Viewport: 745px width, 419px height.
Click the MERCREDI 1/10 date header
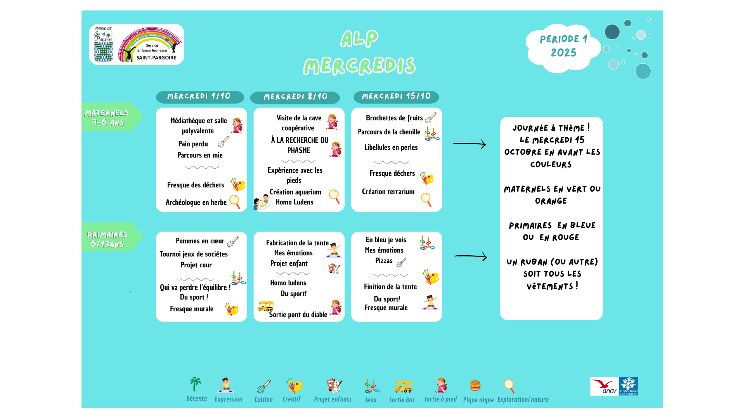click(199, 97)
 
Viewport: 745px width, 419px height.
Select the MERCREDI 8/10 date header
click(295, 97)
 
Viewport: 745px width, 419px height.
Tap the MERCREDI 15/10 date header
click(396, 97)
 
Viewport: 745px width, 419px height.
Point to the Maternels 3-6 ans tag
click(107, 117)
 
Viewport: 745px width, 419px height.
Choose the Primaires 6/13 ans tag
click(107, 239)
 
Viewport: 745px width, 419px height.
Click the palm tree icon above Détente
click(196, 384)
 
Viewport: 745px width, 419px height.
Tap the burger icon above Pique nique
click(475, 385)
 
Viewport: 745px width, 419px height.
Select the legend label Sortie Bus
click(402, 400)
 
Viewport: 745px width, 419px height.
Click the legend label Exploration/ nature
click(523, 400)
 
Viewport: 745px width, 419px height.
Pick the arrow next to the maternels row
click(470, 144)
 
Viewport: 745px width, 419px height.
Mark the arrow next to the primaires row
click(471, 256)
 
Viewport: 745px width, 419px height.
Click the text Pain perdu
click(193, 144)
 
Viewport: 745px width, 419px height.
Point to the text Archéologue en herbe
click(196, 203)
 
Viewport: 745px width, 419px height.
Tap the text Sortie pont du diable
click(298, 315)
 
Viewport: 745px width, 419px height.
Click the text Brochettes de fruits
click(394, 118)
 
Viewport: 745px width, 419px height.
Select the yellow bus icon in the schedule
click(265, 306)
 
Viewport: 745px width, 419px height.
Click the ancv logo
click(605, 386)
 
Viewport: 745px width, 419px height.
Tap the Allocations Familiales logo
click(629, 386)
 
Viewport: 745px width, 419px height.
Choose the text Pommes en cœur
click(200, 241)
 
